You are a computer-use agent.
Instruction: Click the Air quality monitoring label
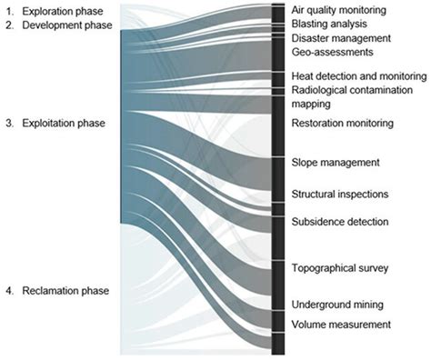tap(338, 9)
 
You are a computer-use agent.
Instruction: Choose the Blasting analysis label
tap(329, 24)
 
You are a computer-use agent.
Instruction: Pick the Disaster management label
tap(341, 39)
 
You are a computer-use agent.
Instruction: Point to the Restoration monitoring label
tap(342, 123)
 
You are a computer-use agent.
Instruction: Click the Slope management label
tap(334, 163)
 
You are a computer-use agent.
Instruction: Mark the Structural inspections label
tap(340, 194)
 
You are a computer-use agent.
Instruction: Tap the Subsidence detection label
tap(340, 222)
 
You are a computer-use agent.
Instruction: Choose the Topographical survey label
tap(340, 268)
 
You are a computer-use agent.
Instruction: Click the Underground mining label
tap(336, 305)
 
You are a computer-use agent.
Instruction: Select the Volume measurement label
tap(341, 325)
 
